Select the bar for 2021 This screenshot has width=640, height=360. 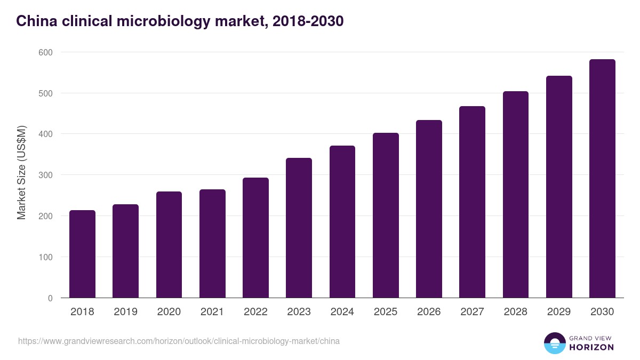212,244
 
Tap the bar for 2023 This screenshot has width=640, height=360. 299,228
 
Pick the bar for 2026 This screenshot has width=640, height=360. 429,209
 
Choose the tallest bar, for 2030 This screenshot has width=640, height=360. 602,179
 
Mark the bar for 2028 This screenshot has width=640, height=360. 516,195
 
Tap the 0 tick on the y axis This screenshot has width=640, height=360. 50,298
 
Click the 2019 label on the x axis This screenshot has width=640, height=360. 125,312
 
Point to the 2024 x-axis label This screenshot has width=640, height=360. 342,312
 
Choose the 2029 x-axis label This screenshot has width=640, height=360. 559,312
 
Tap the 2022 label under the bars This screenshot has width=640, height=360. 255,312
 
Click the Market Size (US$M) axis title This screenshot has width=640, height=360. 21,173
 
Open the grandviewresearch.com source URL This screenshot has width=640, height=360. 179,341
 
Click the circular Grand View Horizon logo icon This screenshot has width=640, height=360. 555,343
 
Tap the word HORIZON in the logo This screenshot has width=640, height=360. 591,347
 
